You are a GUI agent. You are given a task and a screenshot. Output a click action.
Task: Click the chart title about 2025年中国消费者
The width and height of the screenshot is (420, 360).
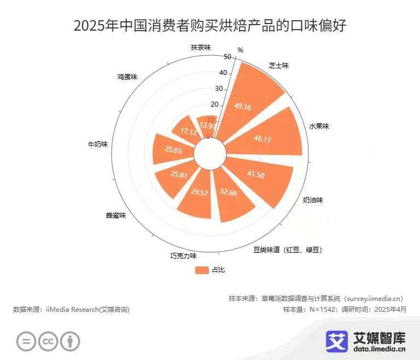coord(210,26)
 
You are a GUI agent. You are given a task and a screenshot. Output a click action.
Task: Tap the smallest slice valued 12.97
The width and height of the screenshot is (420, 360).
coord(207,125)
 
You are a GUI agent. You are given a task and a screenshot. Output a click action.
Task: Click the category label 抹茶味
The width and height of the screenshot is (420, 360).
coord(201,47)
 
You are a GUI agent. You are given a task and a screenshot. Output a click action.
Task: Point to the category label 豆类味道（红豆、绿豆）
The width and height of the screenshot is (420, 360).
coord(288,250)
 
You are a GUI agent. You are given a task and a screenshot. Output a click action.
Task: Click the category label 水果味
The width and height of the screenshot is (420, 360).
coord(319,126)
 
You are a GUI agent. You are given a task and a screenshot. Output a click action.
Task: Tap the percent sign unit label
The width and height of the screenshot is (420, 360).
coord(240,50)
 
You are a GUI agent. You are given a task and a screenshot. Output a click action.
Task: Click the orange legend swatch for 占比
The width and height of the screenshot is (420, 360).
coord(202,270)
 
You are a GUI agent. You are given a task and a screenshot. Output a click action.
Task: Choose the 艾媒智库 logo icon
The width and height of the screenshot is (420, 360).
coord(337,341)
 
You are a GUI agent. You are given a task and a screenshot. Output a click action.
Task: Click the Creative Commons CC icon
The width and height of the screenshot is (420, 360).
coord(48,341)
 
